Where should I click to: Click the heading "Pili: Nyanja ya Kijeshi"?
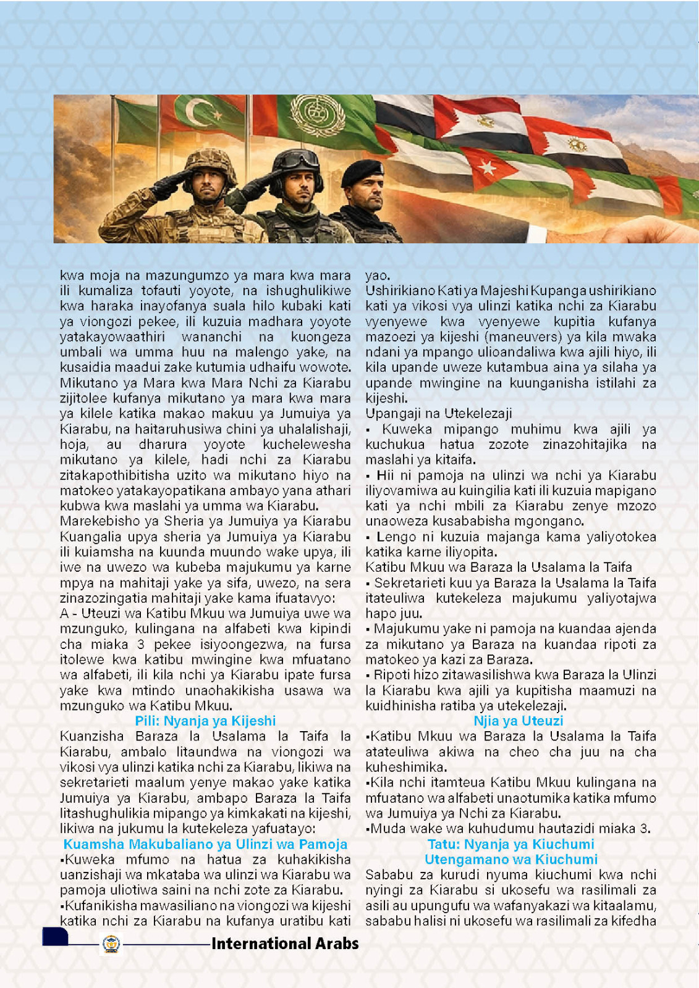point(205,721)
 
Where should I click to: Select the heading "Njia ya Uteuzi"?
point(518,721)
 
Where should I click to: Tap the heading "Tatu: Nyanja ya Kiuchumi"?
point(510,844)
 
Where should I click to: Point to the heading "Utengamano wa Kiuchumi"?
point(510,859)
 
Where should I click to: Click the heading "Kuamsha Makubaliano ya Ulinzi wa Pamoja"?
point(205,844)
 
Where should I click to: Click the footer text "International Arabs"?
point(285,944)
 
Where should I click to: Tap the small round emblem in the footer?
point(111,944)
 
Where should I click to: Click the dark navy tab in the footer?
point(55,936)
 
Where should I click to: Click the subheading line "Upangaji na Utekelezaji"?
point(438,413)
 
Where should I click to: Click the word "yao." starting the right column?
point(377,275)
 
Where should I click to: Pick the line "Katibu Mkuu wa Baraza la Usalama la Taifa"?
point(498,567)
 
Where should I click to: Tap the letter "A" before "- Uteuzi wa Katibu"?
point(64,613)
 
